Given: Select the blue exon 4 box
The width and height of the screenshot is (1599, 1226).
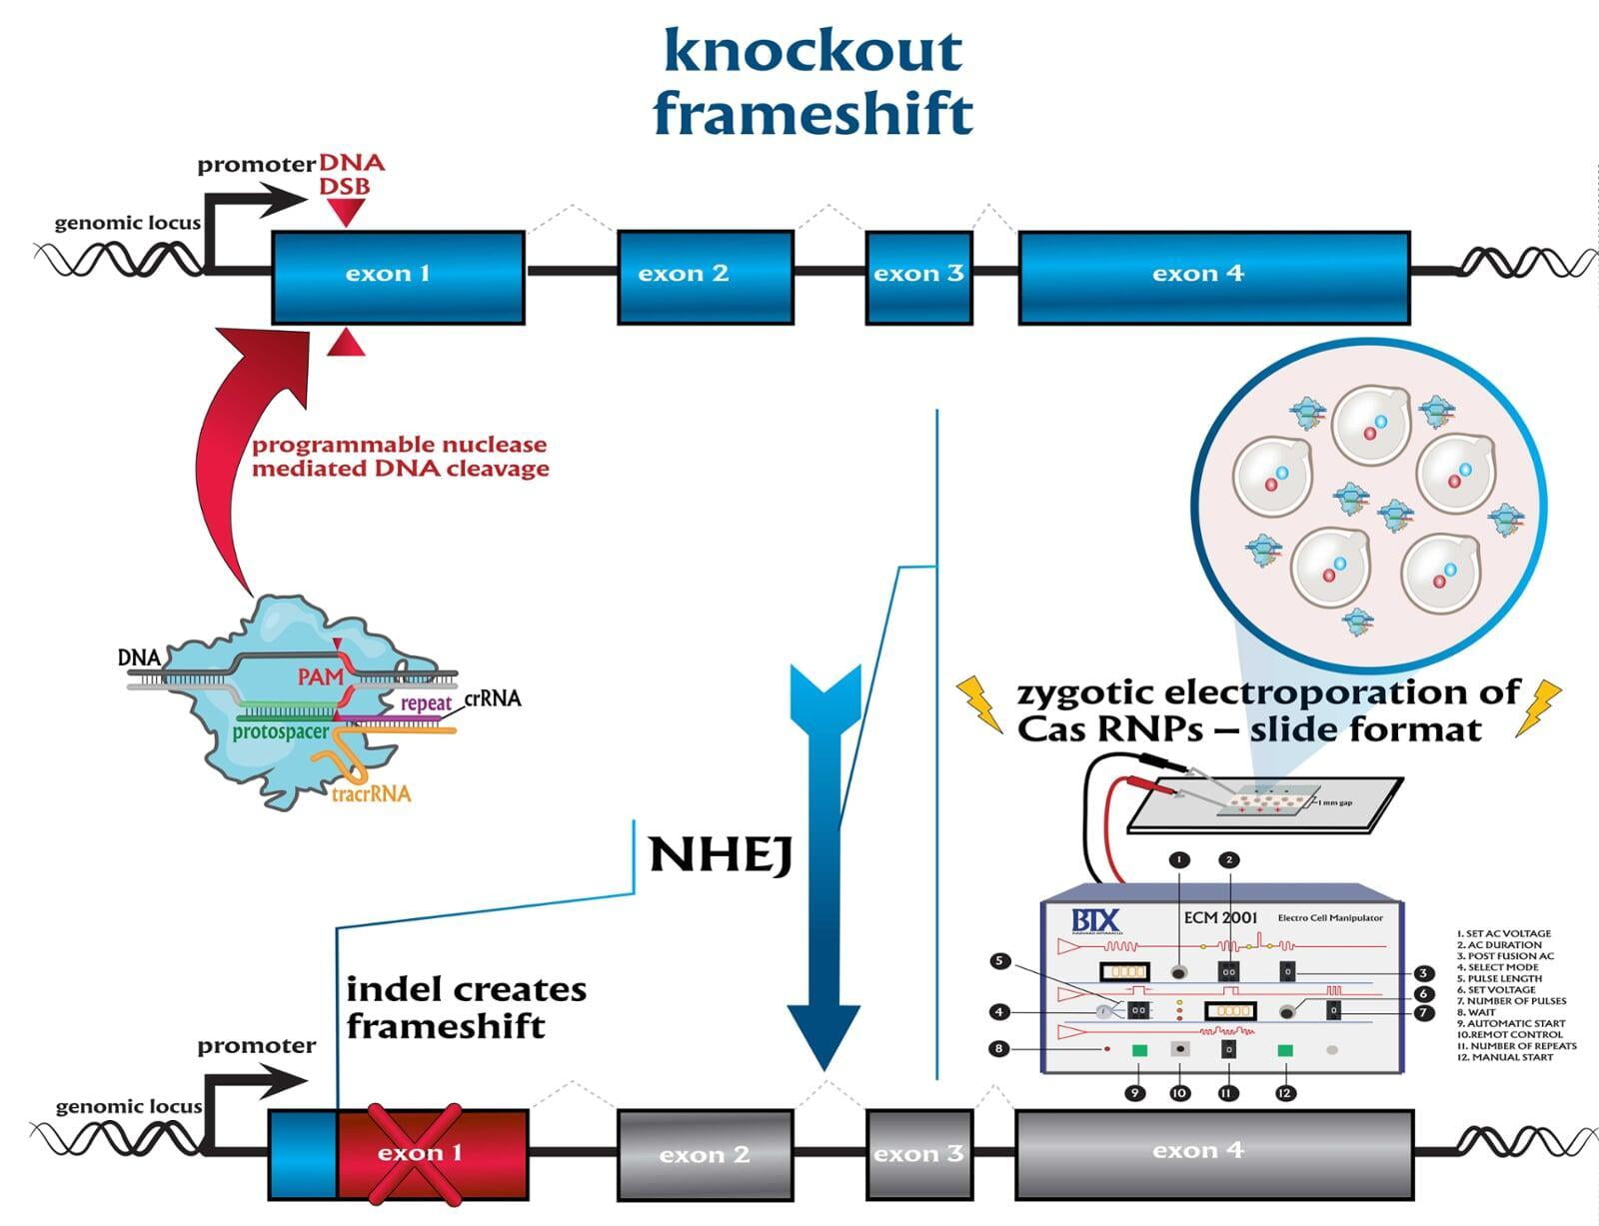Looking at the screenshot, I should click(x=1213, y=276).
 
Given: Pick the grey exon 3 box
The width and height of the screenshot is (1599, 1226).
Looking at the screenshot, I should click(x=918, y=1153).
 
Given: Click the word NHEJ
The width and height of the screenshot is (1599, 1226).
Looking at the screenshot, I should click(x=721, y=855).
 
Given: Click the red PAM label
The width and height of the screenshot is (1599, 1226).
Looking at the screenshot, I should click(x=320, y=677).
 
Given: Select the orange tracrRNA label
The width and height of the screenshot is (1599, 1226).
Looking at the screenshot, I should click(x=371, y=794).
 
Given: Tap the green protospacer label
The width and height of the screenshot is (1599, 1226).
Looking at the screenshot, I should click(x=280, y=732).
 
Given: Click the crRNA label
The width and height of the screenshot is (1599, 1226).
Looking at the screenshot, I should click(x=493, y=698).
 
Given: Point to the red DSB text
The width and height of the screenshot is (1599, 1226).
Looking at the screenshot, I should click(x=345, y=187).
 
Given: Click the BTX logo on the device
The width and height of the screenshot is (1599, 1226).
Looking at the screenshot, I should click(x=1095, y=920).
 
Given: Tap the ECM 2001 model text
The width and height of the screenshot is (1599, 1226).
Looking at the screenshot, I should click(x=1220, y=917).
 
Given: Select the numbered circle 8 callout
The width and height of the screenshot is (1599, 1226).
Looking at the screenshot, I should click(x=998, y=1048).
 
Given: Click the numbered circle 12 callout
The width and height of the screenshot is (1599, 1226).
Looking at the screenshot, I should click(x=1284, y=1093).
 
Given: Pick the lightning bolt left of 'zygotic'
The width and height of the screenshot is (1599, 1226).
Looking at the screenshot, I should click(x=979, y=702).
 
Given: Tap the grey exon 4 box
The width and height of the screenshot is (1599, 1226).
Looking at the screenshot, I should click(x=1213, y=1152).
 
